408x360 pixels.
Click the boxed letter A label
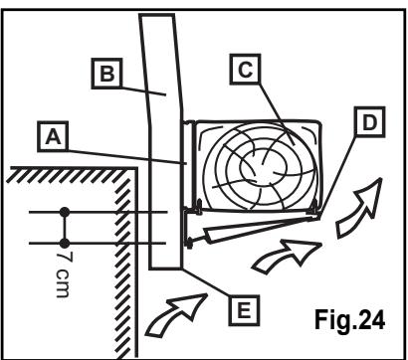(x=53, y=136)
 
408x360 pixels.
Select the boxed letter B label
(x=106, y=74)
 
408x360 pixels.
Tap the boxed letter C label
(x=245, y=70)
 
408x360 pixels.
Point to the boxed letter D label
(x=369, y=122)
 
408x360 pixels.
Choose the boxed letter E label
(x=244, y=310)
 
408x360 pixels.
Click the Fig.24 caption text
(x=349, y=319)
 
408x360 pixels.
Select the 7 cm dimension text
(x=63, y=274)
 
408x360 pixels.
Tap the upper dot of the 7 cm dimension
(x=65, y=212)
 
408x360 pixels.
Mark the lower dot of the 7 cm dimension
(x=65, y=244)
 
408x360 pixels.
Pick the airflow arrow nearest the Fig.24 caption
(x=359, y=209)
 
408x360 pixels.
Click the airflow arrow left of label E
(x=176, y=314)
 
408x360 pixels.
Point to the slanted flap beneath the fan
(x=261, y=230)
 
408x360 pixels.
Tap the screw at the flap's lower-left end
(x=189, y=243)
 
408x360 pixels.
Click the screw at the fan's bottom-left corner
(x=199, y=208)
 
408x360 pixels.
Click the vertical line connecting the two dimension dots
(x=65, y=228)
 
